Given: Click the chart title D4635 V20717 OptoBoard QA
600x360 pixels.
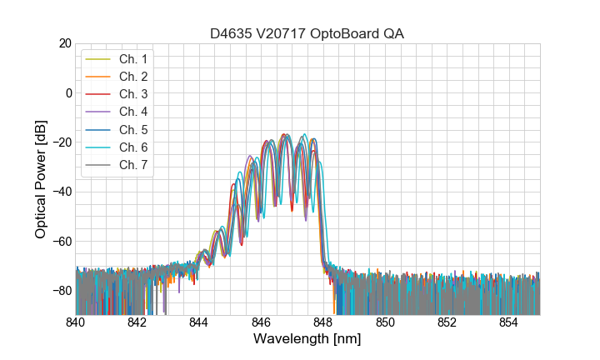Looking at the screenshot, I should point(307,32).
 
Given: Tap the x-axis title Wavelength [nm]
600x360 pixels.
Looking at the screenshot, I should point(307,340).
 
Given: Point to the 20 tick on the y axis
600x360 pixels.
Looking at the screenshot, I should point(63,43).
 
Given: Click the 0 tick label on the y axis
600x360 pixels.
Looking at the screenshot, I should point(67,92).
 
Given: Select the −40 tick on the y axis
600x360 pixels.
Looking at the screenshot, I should point(60,192).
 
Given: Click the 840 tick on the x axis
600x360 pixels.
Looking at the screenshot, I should point(76,322).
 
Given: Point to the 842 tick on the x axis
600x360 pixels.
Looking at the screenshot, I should point(137,322).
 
